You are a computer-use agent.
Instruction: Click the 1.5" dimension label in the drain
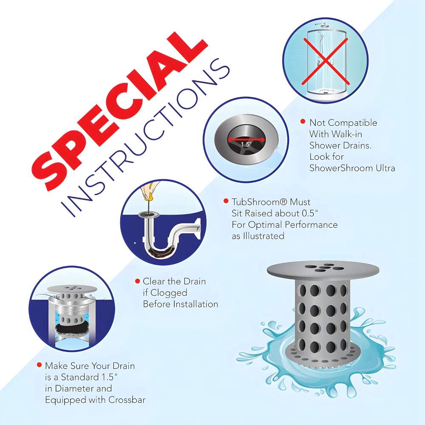click(x=246, y=144)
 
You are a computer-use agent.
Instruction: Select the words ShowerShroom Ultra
click(x=352, y=168)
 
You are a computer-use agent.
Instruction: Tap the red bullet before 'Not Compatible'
click(x=303, y=122)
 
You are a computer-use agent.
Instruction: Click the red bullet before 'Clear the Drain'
click(x=137, y=281)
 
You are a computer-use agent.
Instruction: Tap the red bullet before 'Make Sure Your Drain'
click(x=40, y=365)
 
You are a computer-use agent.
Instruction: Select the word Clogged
click(x=168, y=292)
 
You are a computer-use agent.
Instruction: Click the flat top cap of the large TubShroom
click(x=323, y=270)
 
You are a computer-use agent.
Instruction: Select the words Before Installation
click(x=180, y=304)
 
